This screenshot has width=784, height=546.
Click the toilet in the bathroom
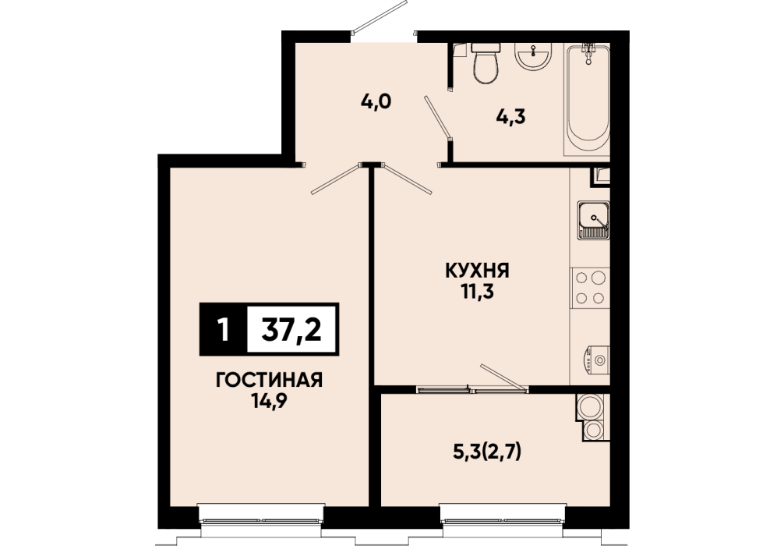486,63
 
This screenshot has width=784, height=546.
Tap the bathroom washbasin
534,55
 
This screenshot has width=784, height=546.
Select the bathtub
587,99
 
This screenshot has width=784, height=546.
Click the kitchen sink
594,220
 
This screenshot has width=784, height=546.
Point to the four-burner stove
590,287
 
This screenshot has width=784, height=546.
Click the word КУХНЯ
477,271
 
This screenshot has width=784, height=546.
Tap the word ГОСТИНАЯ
269,381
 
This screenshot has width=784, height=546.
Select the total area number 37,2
291,330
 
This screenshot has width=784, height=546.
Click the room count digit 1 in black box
224,330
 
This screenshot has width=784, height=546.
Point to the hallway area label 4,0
376,101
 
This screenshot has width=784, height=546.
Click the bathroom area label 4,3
511,117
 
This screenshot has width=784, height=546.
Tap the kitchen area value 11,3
478,292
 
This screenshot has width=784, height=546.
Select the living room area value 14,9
269,401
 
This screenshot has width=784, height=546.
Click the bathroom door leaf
438,117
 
